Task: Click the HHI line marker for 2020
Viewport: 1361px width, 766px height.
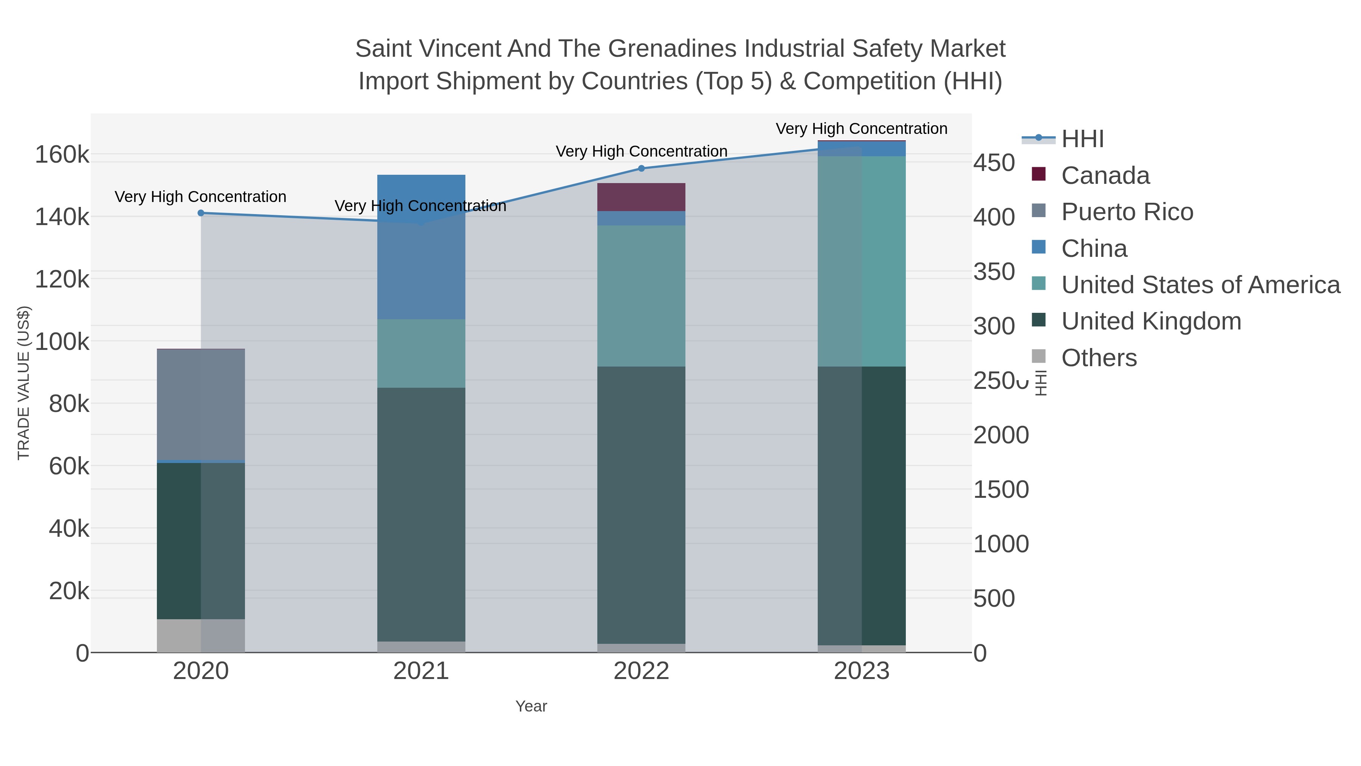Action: coord(201,213)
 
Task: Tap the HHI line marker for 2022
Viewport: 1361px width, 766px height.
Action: coord(642,168)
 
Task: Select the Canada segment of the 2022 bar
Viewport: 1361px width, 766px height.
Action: coord(642,197)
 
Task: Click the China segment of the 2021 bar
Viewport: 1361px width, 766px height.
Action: coord(421,247)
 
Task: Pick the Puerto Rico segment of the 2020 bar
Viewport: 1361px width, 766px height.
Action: coord(201,405)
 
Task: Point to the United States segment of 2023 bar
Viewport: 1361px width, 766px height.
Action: coord(862,261)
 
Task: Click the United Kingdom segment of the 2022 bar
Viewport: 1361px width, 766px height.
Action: coord(642,505)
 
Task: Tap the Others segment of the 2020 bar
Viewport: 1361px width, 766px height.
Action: coord(201,635)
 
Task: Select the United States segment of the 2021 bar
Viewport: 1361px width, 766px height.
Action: coord(421,353)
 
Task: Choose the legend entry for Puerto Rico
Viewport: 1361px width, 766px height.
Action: coord(1127,212)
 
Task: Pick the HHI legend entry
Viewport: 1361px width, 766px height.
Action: coord(1082,139)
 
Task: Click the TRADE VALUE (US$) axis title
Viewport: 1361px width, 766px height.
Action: coord(24,383)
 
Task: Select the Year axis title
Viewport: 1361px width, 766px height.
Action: coord(531,706)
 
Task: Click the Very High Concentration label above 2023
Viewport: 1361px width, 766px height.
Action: coord(861,129)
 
